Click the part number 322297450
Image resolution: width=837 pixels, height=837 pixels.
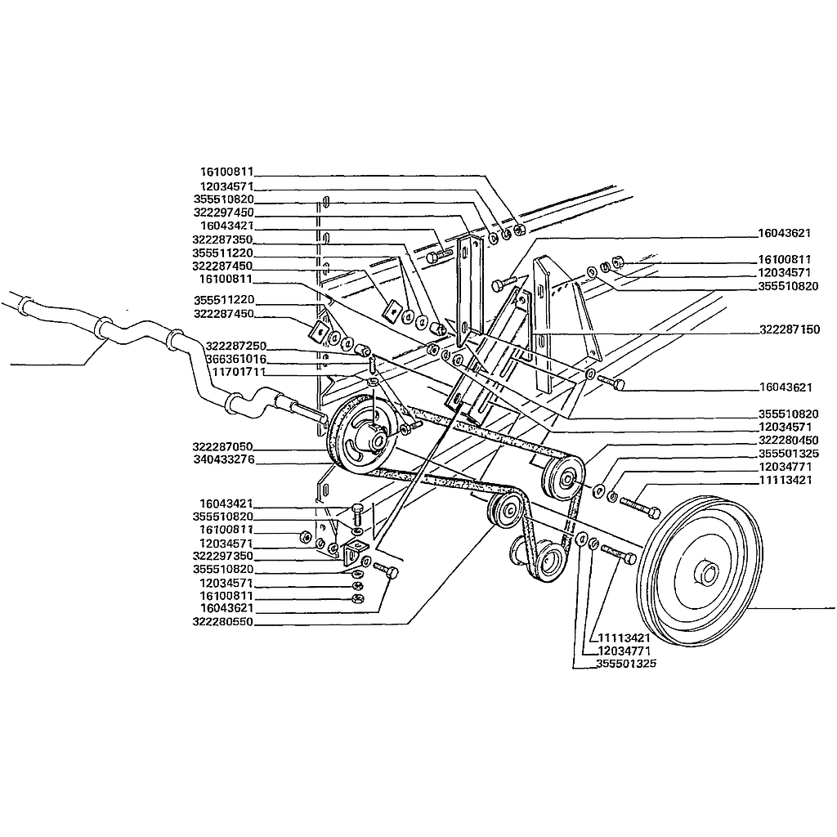click(223, 213)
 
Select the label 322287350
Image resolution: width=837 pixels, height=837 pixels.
click(222, 239)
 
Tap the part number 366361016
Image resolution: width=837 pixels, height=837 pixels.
click(236, 359)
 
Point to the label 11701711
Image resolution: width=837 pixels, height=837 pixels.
click(239, 372)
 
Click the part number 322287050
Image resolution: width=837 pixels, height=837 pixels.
click(222, 446)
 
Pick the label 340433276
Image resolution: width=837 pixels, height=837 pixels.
click(224, 459)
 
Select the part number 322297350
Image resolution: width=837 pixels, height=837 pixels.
click(222, 556)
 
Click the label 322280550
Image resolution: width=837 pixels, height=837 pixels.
click(222, 622)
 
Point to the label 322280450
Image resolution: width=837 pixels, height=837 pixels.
click(789, 441)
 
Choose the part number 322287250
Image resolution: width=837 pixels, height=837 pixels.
click(236, 346)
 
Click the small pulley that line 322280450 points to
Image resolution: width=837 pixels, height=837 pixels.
click(562, 477)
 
